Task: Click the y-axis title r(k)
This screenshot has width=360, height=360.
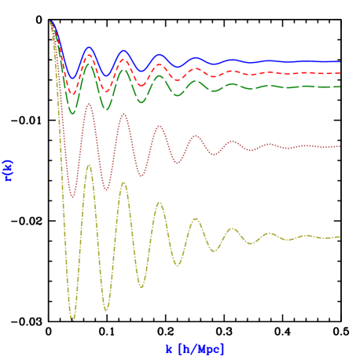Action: point(9,170)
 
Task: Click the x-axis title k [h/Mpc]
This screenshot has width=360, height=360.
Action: point(195,348)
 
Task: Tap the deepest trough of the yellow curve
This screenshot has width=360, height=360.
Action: point(72,319)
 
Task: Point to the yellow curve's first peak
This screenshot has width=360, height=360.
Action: point(90,166)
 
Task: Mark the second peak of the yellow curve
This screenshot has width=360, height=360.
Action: point(123,182)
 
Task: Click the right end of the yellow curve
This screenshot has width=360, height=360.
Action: point(340,237)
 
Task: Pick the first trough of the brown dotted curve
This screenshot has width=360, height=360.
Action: point(72,197)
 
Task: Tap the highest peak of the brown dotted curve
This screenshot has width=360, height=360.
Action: point(90,105)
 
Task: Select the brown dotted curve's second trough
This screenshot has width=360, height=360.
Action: point(107,189)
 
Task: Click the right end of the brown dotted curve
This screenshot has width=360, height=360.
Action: point(340,146)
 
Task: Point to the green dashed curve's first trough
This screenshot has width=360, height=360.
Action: point(72,113)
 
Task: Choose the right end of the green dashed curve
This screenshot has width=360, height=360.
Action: point(340,86)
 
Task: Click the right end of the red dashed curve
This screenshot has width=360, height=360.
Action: point(340,73)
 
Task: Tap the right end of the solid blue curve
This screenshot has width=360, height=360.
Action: point(340,61)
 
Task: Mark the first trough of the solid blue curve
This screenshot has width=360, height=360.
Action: point(72,78)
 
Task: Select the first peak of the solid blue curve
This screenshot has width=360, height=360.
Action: point(90,48)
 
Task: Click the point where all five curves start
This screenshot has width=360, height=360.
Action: point(50,21)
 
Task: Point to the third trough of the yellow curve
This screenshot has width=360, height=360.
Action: point(142,287)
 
